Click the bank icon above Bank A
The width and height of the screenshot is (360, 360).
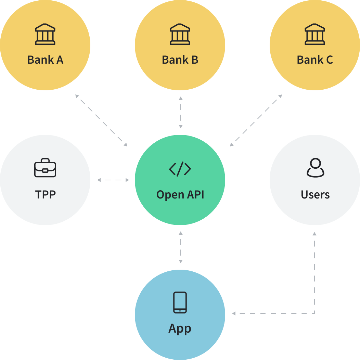pos(45,34)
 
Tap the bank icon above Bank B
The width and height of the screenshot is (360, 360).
pos(180,34)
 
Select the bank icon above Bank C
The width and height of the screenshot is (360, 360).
pos(315,34)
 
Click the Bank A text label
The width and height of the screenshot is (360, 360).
pos(45,60)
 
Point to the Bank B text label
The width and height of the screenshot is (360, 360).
pos(180,60)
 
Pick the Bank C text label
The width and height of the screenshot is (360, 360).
pos(315,60)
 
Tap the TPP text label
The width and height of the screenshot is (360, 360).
pos(45,194)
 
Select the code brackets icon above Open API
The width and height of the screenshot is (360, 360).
pos(180,169)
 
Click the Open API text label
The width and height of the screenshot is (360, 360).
pos(180,194)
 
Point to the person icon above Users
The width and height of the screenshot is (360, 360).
pos(315,168)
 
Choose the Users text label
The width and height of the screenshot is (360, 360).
pos(315,194)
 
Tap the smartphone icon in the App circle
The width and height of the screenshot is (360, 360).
pos(180,303)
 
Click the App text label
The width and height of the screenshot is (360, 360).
pos(180,329)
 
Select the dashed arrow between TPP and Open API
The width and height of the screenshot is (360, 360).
pos(113,180)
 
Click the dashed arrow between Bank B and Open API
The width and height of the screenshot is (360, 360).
pos(180,113)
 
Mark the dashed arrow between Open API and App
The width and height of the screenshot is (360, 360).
pos(180,247)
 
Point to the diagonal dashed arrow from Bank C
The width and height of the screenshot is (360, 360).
pos(256,120)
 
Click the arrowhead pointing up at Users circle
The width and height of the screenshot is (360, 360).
pos(314,234)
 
